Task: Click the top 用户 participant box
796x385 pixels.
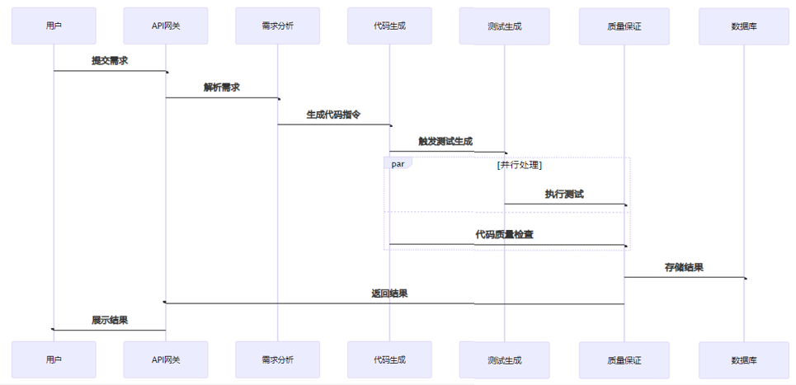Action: tap(54, 26)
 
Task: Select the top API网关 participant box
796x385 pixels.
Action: tap(166, 26)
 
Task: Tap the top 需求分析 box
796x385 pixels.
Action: tap(277, 26)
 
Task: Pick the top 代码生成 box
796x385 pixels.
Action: tap(389, 26)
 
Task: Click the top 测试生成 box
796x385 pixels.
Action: tap(505, 26)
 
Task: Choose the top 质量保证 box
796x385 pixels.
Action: tap(624, 26)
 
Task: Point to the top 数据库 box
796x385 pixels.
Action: tap(743, 26)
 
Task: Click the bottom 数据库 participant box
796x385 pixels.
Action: tap(743, 360)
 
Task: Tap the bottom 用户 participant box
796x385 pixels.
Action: tap(54, 359)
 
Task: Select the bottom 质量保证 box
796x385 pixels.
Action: tap(624, 360)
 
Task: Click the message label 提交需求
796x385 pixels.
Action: tap(110, 60)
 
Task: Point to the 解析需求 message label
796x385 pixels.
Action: tap(222, 87)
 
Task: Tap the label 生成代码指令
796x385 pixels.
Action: tap(333, 115)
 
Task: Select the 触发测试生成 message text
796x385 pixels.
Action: tap(445, 141)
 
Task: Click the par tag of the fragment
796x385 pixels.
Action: tap(398, 164)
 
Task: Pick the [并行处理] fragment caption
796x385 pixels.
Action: tap(520, 165)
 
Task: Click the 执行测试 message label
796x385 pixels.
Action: tap(564, 195)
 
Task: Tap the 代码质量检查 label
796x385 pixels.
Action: tap(504, 234)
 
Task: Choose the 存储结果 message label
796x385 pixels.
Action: tap(684, 267)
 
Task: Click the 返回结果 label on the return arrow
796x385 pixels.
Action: tap(389, 293)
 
